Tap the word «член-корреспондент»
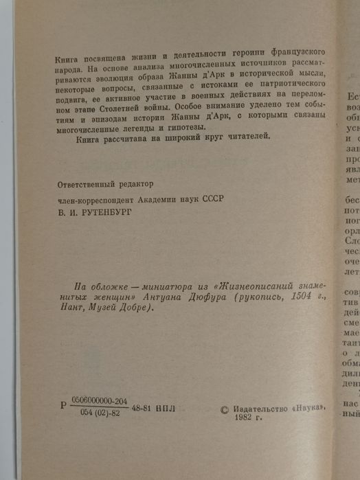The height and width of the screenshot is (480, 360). (x=90, y=198)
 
